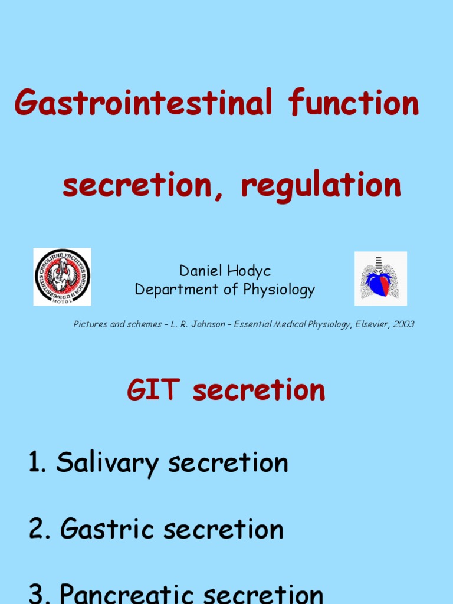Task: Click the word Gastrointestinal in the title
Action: pyautogui.click(x=143, y=103)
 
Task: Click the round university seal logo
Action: pyautogui.click(x=62, y=277)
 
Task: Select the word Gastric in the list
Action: pyautogui.click(x=107, y=529)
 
